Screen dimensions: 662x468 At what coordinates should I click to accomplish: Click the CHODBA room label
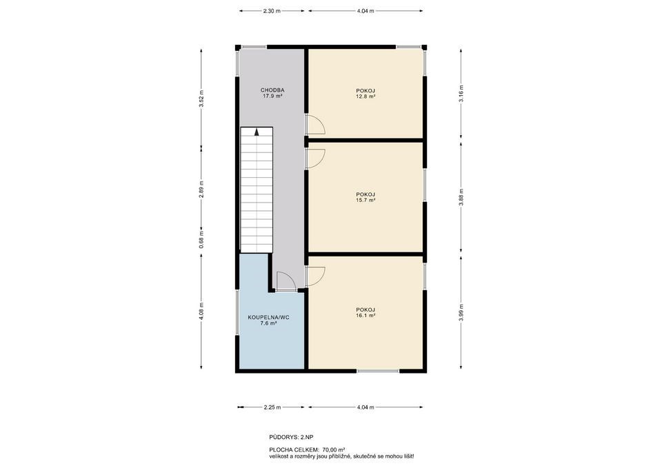pyautogui.click(x=272, y=90)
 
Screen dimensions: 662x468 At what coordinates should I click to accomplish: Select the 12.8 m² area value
pyautogui.click(x=365, y=96)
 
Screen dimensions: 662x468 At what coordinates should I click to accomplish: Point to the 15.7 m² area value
pyautogui.click(x=365, y=201)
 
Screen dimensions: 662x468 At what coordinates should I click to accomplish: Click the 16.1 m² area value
pyautogui.click(x=365, y=315)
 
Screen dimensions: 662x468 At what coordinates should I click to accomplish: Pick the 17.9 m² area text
pyautogui.click(x=272, y=96)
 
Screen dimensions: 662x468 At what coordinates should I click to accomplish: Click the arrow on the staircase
pyautogui.click(x=257, y=132)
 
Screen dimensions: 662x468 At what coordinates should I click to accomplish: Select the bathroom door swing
pyautogui.click(x=285, y=281)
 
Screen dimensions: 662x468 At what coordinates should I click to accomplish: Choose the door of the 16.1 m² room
pyautogui.click(x=316, y=276)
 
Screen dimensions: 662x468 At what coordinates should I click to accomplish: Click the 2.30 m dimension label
pyautogui.click(x=272, y=11)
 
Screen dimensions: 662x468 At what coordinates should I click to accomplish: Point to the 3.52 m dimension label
pyautogui.click(x=201, y=99)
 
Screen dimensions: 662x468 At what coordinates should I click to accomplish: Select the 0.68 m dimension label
pyautogui.click(x=201, y=239)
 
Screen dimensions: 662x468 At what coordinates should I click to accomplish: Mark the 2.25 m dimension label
pyautogui.click(x=272, y=407)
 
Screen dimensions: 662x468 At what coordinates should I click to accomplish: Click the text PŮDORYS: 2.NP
pyautogui.click(x=291, y=437)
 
